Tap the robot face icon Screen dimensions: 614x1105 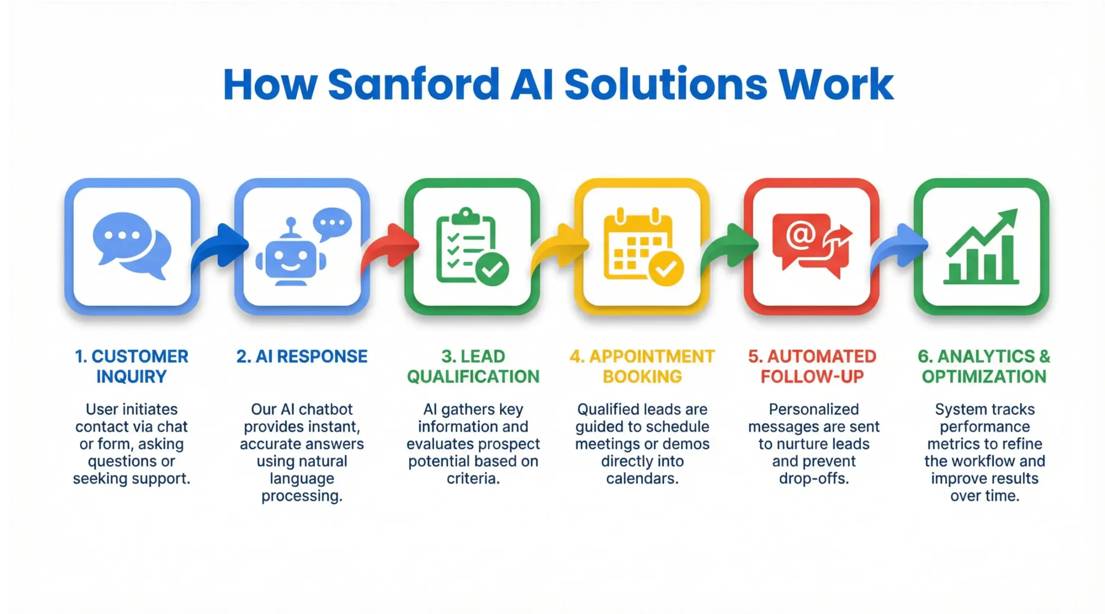point(290,256)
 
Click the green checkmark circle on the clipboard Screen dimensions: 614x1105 point(492,269)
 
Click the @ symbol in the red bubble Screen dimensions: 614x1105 point(800,235)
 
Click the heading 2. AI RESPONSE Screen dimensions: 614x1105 point(302,357)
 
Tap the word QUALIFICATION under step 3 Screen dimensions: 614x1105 point(473,377)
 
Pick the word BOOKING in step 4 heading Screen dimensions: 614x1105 point(642,377)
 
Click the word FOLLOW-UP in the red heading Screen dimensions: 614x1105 point(812,377)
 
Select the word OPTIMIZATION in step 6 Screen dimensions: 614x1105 point(984,377)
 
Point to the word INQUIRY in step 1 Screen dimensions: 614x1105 point(131,377)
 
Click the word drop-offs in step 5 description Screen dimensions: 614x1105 point(814,479)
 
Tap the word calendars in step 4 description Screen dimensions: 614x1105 point(642,479)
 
